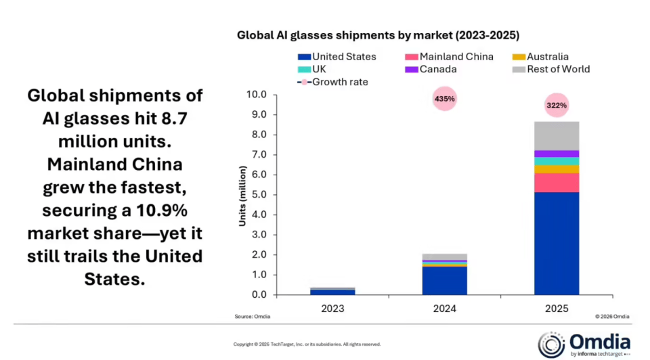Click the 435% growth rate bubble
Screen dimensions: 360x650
445,99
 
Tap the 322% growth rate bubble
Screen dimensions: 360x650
557,106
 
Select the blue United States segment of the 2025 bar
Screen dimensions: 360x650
557,244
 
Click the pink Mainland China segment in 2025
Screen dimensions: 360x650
557,183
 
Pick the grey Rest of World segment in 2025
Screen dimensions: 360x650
557,135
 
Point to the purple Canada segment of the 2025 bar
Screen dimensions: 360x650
557,154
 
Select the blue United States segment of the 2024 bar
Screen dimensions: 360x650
445,280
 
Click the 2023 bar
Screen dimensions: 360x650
332,291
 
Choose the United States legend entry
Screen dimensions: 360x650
337,57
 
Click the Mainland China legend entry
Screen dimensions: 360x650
450,57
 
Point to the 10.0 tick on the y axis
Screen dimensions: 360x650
259,95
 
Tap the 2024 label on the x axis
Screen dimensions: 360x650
445,309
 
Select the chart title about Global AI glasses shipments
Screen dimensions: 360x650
378,35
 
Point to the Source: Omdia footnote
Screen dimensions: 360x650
251,317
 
